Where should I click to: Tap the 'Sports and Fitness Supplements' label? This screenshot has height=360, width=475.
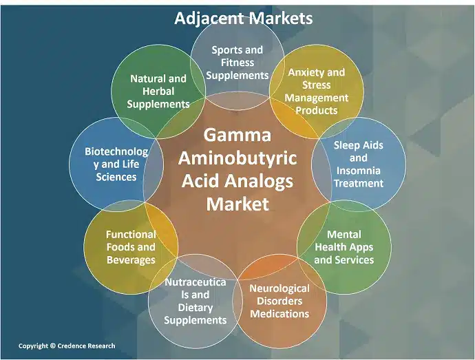point(237,62)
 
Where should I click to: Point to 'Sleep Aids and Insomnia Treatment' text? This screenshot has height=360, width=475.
point(358,165)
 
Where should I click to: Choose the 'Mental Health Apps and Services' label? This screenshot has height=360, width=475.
point(344,247)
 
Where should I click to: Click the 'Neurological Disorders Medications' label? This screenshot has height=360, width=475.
point(279,301)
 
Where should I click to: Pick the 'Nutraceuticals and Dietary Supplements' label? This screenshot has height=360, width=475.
point(196,301)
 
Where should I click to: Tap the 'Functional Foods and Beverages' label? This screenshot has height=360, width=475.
point(131,247)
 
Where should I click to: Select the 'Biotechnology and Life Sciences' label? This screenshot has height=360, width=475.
point(116,164)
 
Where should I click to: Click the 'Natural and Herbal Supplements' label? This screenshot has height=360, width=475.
point(158,91)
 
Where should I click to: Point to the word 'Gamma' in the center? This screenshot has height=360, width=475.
point(237,134)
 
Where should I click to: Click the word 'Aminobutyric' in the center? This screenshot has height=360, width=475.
point(237,158)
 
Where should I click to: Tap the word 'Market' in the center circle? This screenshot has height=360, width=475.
point(237,204)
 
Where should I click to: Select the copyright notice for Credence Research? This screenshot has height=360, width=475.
point(67,346)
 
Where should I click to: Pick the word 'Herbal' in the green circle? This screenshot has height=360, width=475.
point(158,92)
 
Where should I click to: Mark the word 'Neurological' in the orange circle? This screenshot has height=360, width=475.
point(279,288)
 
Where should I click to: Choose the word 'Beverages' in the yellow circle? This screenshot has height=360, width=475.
point(131,260)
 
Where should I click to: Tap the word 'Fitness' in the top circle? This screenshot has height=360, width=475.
point(237,62)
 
